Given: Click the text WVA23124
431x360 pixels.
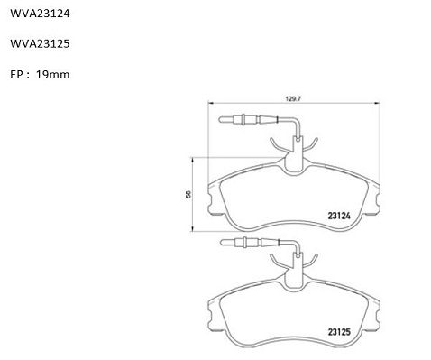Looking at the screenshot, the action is (40, 14).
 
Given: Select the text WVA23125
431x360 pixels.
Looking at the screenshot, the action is (40, 44).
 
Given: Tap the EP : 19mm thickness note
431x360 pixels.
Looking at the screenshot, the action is (40, 75).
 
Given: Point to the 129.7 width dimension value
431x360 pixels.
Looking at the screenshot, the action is (293, 98).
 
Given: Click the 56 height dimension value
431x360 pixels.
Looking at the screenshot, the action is (188, 194).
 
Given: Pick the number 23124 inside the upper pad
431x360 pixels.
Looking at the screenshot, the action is (339, 216).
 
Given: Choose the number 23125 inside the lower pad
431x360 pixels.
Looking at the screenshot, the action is (339, 332).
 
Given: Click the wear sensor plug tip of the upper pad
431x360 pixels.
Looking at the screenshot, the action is (220, 120).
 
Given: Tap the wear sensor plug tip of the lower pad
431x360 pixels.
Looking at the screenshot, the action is (222, 243).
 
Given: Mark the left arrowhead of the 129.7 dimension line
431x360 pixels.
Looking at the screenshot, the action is (210, 103).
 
